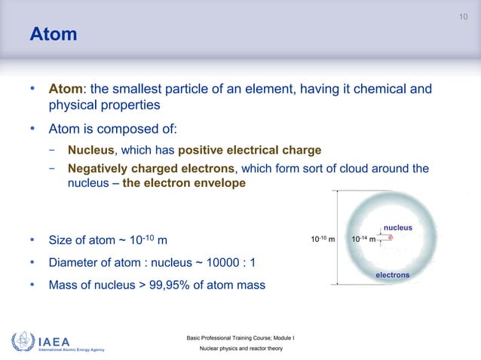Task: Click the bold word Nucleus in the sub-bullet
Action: coord(90,150)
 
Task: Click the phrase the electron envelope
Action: coord(183,183)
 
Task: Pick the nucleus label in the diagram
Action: coord(398,226)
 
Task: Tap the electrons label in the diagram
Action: coord(392,275)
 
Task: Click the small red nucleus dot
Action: coord(391,237)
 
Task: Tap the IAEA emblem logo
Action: coord(22,340)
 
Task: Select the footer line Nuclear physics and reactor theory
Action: coord(240,350)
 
